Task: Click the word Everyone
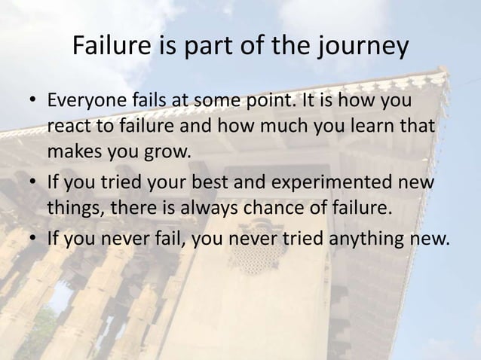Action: click(x=82, y=102)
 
